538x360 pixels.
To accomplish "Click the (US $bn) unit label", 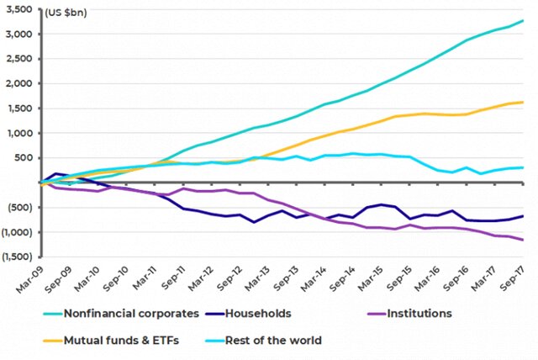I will tap(64, 13).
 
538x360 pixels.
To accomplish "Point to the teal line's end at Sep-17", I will tap(523, 20).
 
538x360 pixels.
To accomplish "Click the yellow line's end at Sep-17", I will tap(523, 102).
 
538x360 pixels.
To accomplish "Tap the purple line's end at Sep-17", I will tap(523, 240).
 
